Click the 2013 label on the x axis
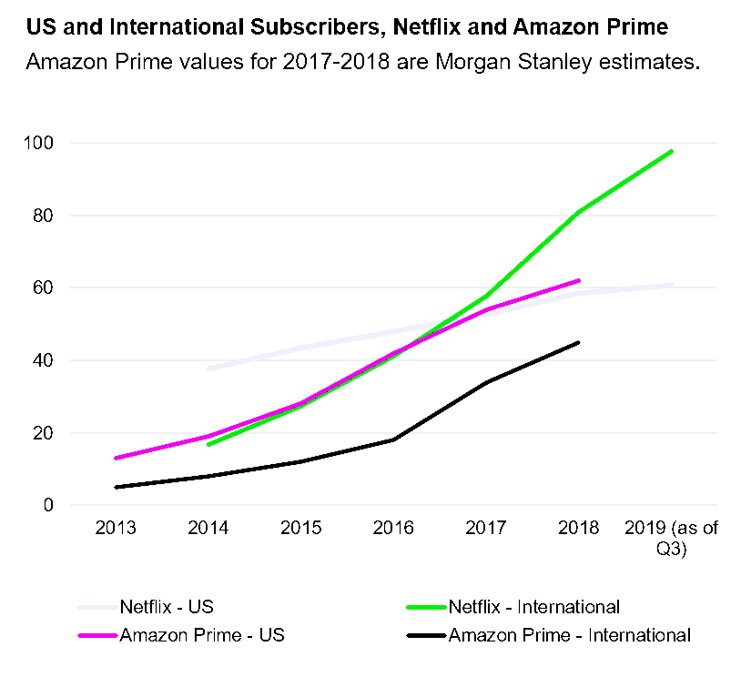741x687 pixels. (116, 529)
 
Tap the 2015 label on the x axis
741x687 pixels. (300, 529)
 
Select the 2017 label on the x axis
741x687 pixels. (486, 529)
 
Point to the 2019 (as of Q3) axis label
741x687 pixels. (672, 538)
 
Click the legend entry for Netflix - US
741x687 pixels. (167, 606)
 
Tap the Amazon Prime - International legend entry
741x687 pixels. (570, 635)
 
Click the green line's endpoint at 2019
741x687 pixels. (672, 151)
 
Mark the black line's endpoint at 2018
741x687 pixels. (579, 342)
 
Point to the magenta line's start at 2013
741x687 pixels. (116, 458)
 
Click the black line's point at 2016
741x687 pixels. (393, 439)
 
